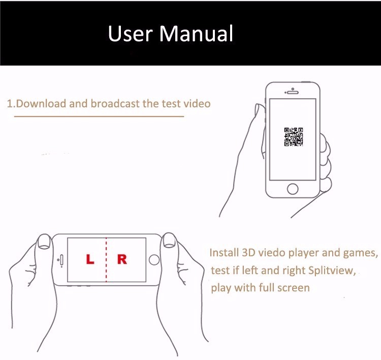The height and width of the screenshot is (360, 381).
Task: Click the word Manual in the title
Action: (196, 34)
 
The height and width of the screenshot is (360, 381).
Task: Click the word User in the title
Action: (131, 34)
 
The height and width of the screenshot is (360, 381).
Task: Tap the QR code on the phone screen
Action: (294, 137)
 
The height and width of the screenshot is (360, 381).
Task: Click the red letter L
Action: (90, 259)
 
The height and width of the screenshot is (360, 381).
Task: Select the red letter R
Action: (122, 259)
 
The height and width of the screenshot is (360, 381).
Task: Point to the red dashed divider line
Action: (106, 260)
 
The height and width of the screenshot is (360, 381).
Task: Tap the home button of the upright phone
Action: (293, 189)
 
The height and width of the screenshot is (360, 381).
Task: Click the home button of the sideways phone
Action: (154, 260)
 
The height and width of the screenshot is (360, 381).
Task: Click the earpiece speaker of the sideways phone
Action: (61, 260)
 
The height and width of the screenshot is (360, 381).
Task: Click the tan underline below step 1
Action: (99, 116)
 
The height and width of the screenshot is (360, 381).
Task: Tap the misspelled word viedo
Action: (271, 253)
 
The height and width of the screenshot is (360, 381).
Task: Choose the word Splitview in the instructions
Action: (332, 271)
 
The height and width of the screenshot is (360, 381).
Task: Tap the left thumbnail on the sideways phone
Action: (44, 242)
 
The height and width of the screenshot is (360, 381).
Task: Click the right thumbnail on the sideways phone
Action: (169, 240)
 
